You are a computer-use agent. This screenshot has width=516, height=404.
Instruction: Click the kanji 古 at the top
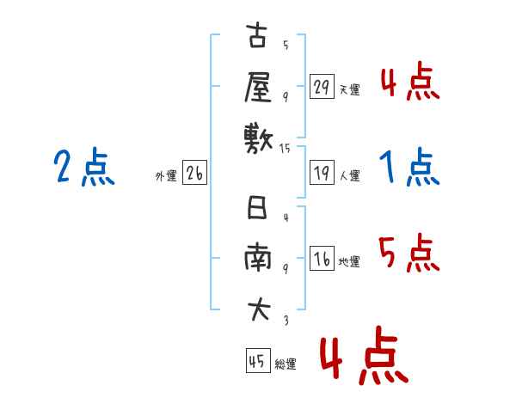[257, 35]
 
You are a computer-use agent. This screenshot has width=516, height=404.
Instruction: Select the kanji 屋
[258, 87]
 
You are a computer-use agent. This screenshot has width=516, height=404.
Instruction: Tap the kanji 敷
[259, 140]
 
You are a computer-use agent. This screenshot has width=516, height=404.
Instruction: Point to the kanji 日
[257, 207]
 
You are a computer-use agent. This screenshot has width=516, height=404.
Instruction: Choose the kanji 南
[258, 257]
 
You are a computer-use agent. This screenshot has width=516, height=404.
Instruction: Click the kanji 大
[259, 309]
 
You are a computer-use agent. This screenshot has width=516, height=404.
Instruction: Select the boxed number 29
[322, 86]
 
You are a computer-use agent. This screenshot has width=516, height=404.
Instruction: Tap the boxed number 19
[322, 173]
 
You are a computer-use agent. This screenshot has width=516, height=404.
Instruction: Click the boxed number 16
[322, 258]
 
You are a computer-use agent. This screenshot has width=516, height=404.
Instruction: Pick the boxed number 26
[194, 173]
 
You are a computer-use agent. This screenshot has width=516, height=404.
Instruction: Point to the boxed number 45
[258, 360]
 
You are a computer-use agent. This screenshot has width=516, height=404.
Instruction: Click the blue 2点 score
[84, 167]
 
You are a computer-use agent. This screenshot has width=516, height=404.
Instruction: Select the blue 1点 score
[409, 167]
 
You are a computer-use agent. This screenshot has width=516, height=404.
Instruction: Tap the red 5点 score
[409, 253]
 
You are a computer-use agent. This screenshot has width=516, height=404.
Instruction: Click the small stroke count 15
[285, 149]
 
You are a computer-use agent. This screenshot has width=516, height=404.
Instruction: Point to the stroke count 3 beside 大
[286, 320]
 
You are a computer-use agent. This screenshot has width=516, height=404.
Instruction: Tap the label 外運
[166, 176]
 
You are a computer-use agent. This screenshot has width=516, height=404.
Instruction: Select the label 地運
[349, 262]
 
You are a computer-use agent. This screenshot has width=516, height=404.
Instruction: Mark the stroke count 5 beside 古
[286, 45]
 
